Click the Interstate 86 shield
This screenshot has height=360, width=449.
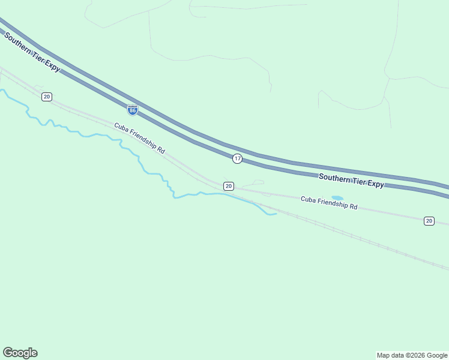[x=133, y=110]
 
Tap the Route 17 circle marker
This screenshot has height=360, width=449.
[x=238, y=158]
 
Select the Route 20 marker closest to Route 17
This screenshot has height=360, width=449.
[x=229, y=187]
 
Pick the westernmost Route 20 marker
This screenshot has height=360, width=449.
[x=47, y=97]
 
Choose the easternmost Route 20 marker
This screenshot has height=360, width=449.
[x=429, y=221]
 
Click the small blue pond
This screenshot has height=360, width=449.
[x=337, y=198]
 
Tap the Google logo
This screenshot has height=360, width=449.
[x=20, y=353]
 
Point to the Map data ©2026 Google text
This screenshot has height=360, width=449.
[x=412, y=355]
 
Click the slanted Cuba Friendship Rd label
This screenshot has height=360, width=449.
[x=139, y=138]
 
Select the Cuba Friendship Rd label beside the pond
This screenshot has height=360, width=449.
[x=329, y=203]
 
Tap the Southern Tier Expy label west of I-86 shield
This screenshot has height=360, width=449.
[x=32, y=52]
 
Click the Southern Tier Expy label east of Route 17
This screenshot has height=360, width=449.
[x=351, y=181]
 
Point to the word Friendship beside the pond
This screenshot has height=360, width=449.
[x=332, y=203]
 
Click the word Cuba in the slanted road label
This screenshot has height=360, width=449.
[x=121, y=128]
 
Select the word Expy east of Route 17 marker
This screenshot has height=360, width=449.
[x=376, y=184]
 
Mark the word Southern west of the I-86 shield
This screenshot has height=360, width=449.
[x=17, y=43]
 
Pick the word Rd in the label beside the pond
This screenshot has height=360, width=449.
[x=354, y=206]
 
